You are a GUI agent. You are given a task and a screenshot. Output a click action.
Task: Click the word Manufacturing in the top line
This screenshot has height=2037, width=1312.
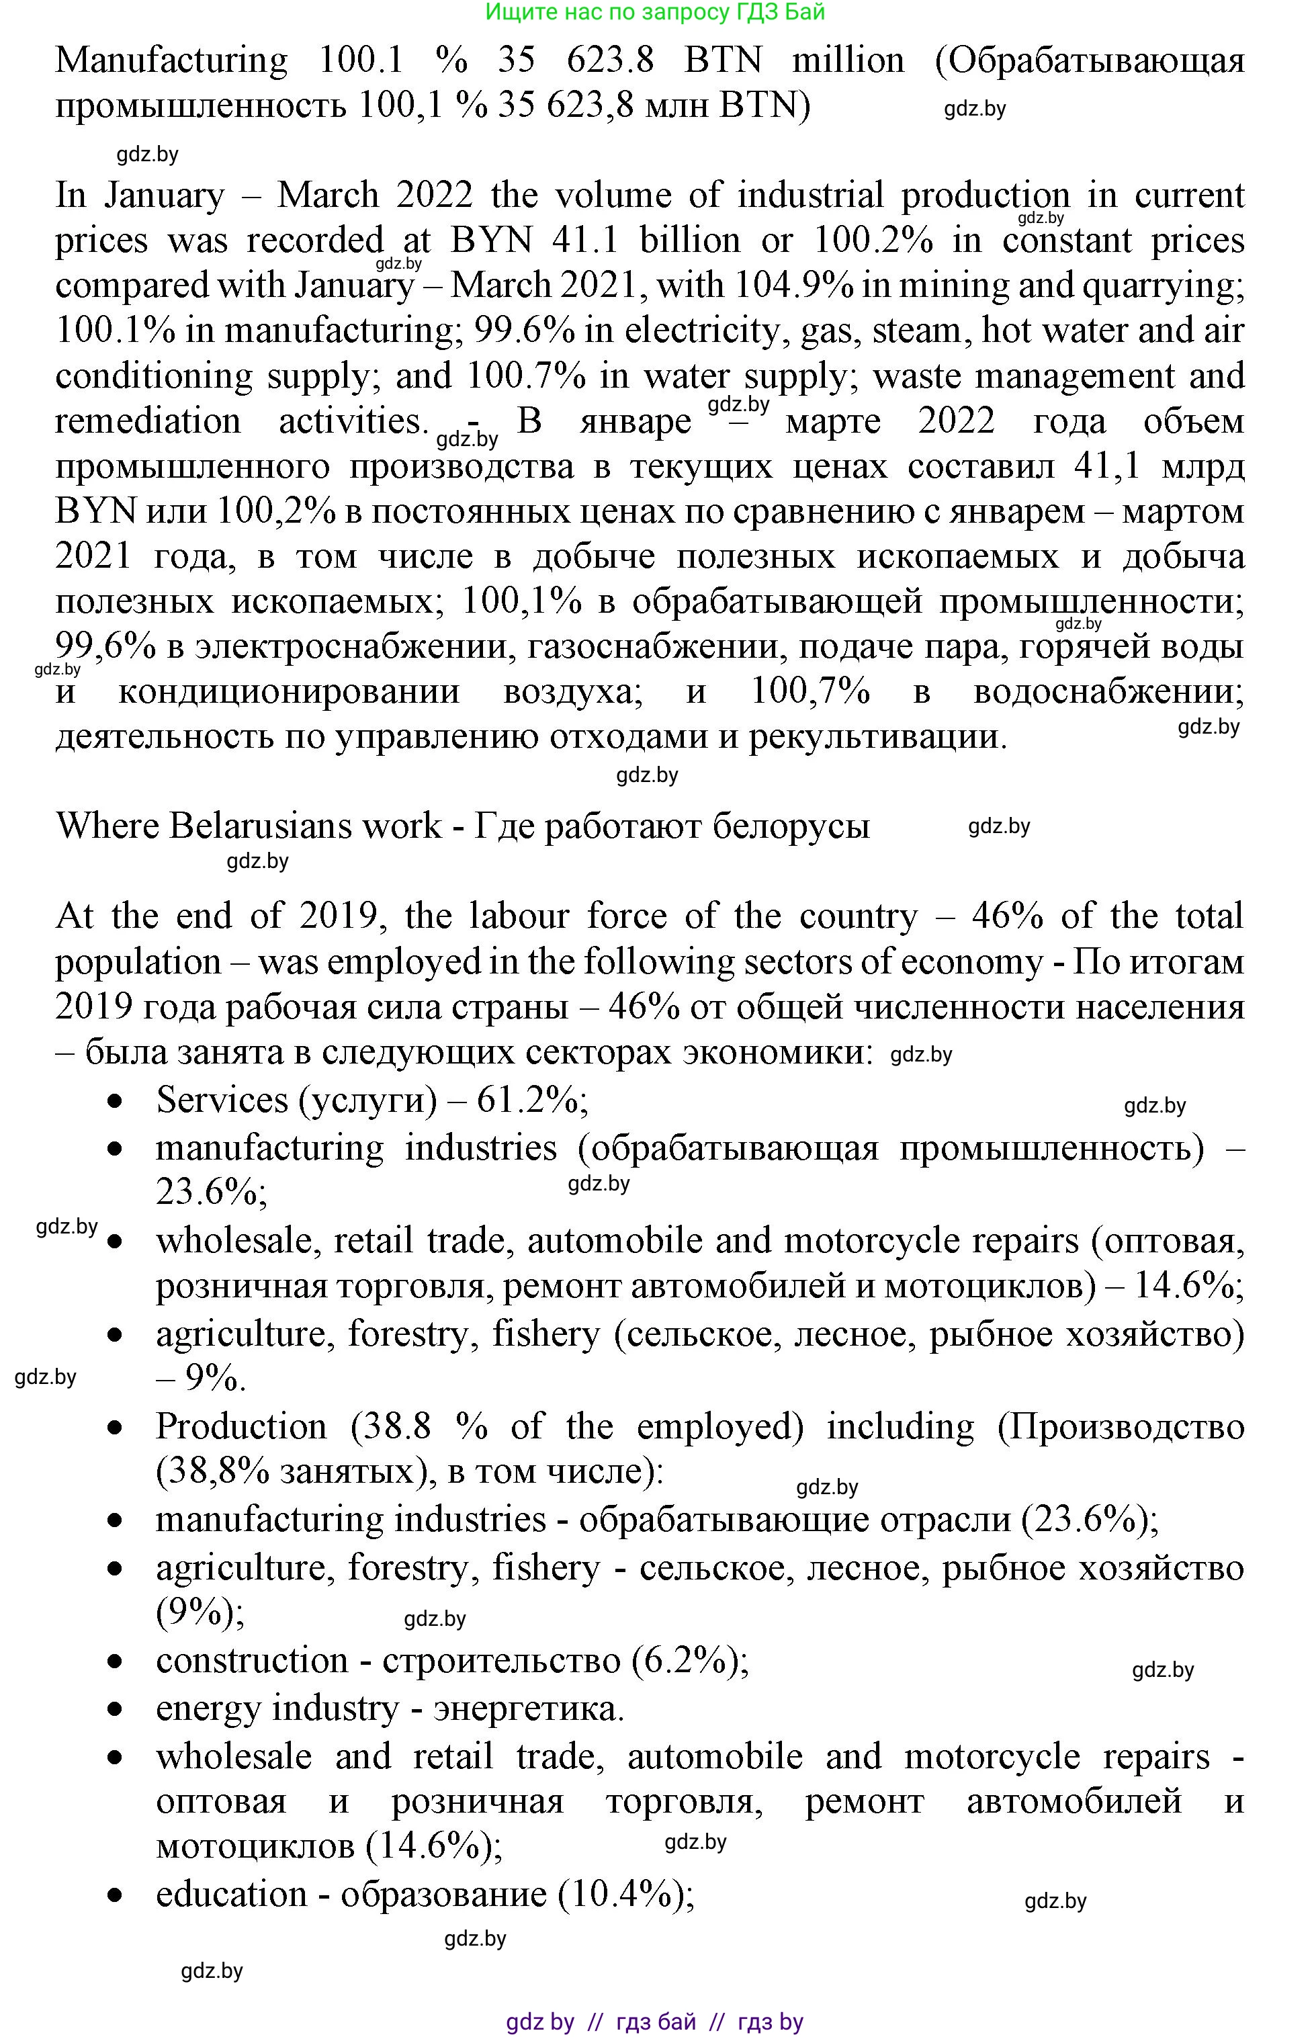click(171, 61)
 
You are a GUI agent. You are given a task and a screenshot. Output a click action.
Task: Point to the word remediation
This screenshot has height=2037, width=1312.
click(148, 421)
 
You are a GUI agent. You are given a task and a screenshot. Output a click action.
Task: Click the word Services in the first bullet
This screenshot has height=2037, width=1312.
click(222, 1100)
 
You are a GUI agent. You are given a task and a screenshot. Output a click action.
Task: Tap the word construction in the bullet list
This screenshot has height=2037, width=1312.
click(252, 1661)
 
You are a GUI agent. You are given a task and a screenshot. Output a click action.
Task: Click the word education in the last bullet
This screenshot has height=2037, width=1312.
click(231, 1894)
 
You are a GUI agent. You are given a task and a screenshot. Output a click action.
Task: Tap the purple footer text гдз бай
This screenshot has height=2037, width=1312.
click(655, 2022)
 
